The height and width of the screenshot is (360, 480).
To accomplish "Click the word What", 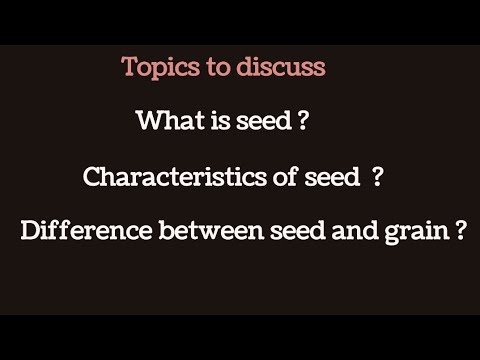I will pyautogui.click(x=165, y=122).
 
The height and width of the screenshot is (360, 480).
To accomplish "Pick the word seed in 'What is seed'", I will pyautogui.click(x=256, y=122).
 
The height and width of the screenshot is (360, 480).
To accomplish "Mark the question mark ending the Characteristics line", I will pyautogui.click(x=377, y=178).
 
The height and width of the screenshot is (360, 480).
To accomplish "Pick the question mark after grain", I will pyautogui.click(x=460, y=233).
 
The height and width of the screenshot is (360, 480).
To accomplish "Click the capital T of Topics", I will pyautogui.click(x=129, y=68).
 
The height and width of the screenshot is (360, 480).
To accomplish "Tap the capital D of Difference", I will pyautogui.click(x=29, y=233).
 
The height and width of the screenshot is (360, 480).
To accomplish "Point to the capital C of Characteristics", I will pyautogui.click(x=92, y=178).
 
